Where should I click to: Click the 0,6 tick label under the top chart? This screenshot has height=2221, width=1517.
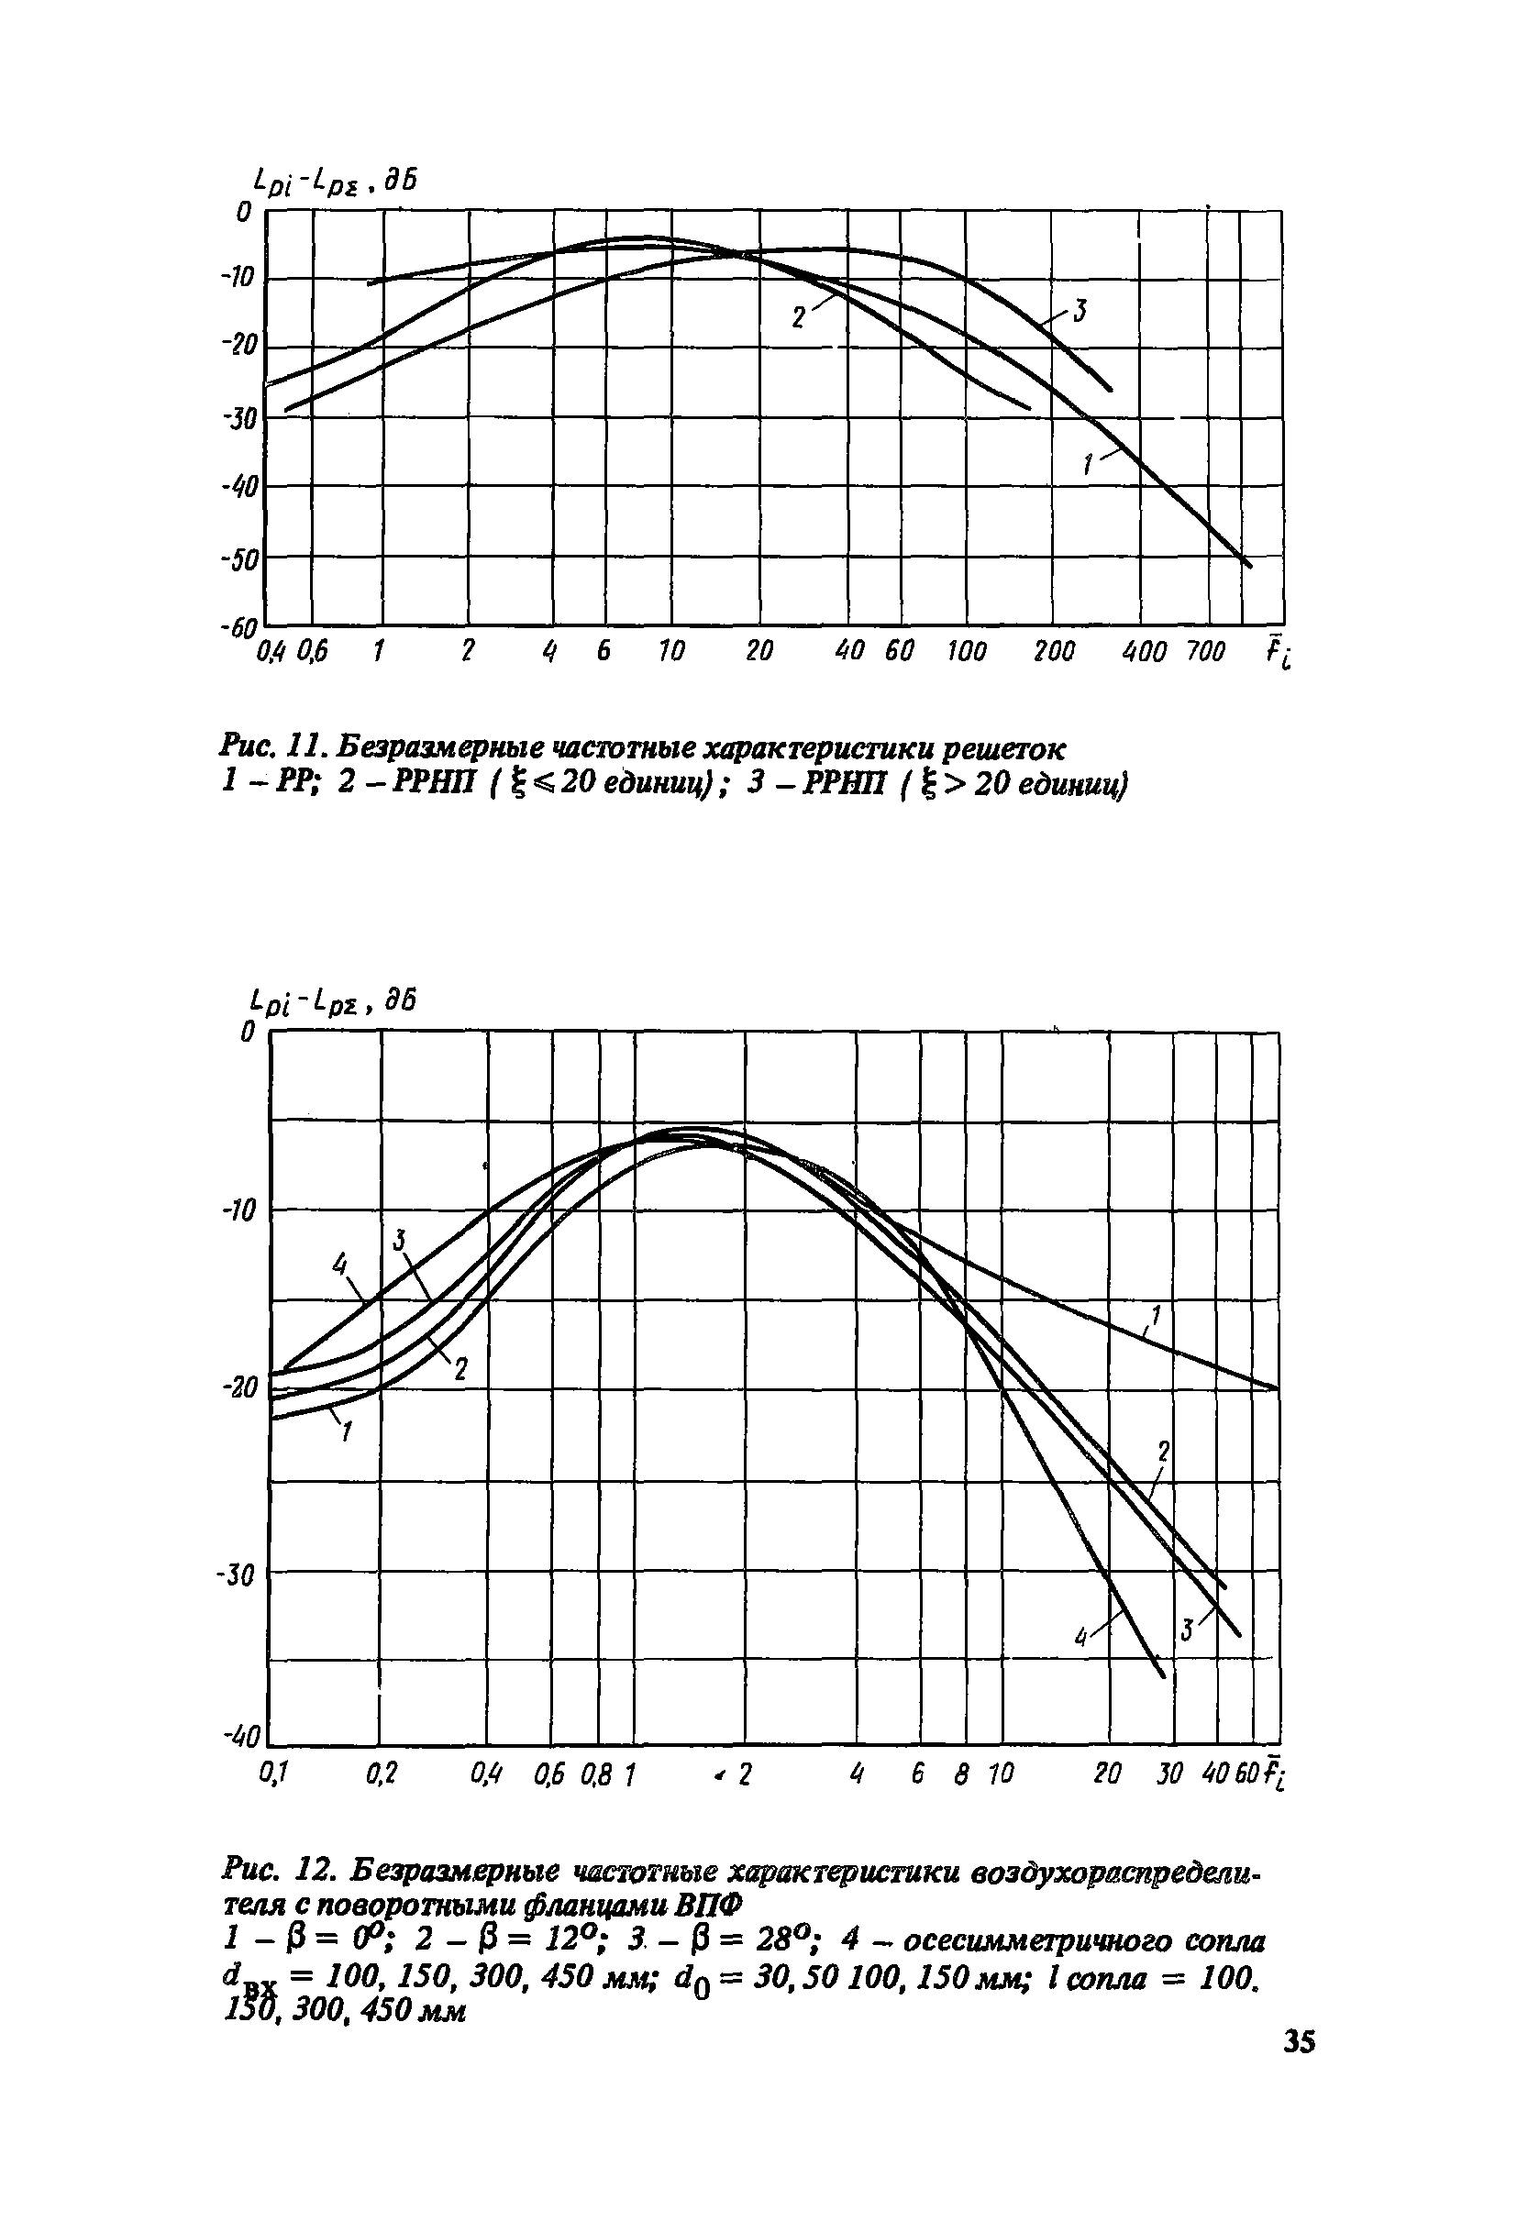click(x=312, y=653)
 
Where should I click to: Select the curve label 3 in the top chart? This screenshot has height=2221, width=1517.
click(x=1080, y=312)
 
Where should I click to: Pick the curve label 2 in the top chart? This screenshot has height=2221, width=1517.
click(x=798, y=316)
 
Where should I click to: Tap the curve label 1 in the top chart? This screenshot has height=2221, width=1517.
click(x=1088, y=466)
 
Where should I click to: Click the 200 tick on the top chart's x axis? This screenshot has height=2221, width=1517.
click(x=1056, y=653)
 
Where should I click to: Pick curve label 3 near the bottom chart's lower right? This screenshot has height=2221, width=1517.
click(x=1186, y=1630)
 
